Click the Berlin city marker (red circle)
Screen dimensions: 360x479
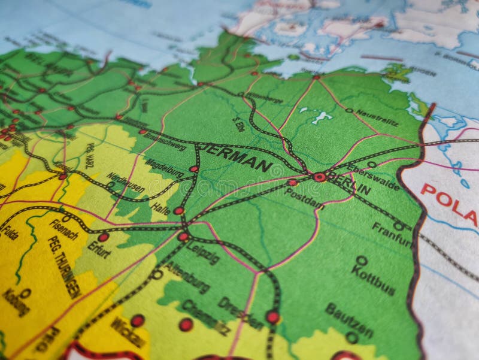point(320,177)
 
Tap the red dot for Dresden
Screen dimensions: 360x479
point(273,317)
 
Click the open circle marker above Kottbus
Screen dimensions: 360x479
point(362,261)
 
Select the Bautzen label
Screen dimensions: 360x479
point(349,320)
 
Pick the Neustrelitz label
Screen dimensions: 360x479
point(377,117)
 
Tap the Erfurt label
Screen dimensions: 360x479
point(99,249)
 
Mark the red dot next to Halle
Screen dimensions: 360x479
point(178,210)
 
